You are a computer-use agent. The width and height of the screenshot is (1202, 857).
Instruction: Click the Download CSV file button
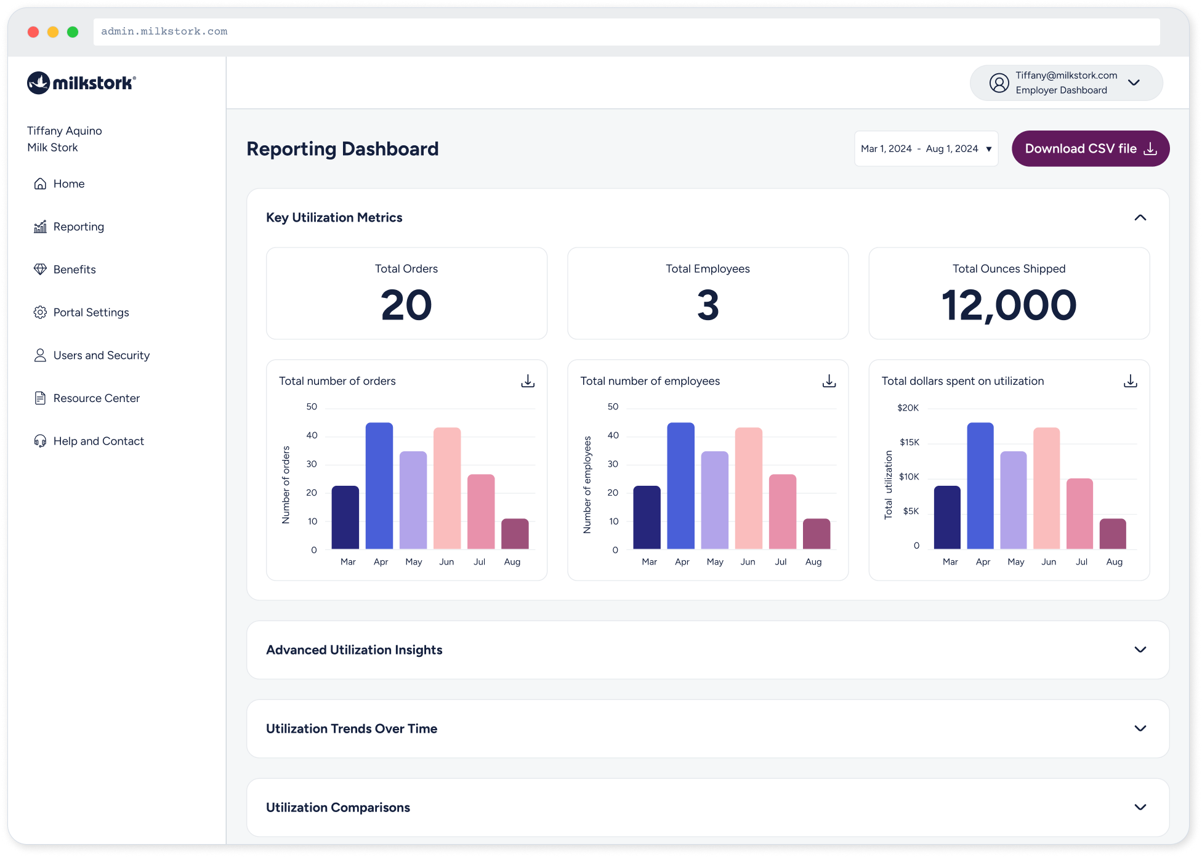click(1090, 148)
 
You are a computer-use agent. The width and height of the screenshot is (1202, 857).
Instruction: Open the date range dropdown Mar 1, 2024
click(926, 148)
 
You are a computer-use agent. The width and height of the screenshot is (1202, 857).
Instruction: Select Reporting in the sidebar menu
click(78, 227)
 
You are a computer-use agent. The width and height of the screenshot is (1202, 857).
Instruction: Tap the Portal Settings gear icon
click(40, 312)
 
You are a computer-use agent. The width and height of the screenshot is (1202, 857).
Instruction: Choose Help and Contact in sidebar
click(98, 441)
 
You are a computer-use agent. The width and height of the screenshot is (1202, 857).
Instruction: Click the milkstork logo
click(81, 82)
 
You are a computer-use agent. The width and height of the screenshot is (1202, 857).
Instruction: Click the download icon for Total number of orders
click(528, 381)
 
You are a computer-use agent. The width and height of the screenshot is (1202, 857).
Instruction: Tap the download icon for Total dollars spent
click(1130, 381)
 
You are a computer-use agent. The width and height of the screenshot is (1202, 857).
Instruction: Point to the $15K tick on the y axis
click(909, 442)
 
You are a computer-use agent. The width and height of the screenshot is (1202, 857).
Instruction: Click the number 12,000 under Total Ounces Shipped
click(1009, 305)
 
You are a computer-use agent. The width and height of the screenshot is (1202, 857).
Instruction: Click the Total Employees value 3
click(708, 305)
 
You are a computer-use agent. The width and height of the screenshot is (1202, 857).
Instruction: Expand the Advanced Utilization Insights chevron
click(1140, 650)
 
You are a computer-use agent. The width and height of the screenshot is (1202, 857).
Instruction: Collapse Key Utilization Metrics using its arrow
click(1140, 217)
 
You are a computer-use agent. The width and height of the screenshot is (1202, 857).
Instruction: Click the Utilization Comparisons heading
click(338, 807)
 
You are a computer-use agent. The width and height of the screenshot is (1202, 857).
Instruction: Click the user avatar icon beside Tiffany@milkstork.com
click(999, 82)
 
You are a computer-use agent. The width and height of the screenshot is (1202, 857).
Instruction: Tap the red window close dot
click(33, 32)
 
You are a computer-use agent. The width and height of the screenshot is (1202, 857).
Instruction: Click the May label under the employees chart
click(715, 561)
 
